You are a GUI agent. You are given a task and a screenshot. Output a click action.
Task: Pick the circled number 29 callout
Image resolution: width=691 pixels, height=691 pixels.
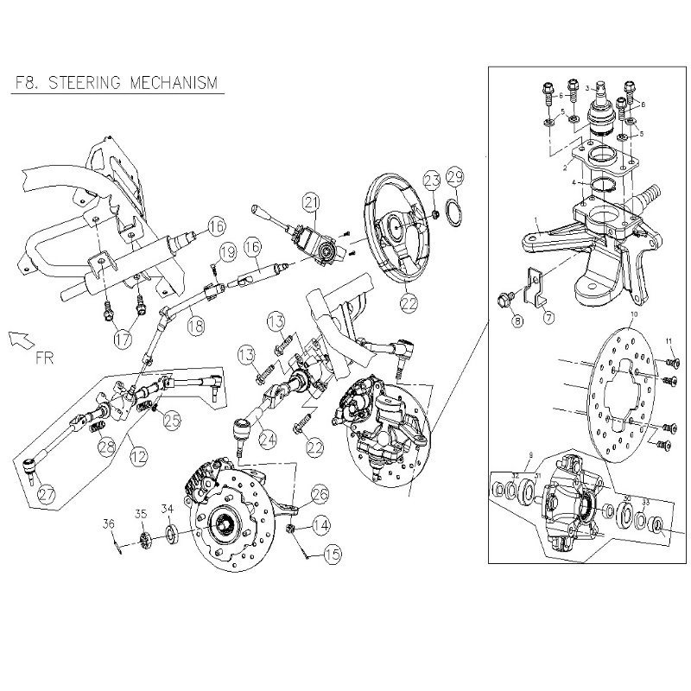coord(456,179)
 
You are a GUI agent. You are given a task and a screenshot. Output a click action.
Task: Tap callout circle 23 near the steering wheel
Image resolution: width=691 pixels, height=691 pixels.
coord(431,181)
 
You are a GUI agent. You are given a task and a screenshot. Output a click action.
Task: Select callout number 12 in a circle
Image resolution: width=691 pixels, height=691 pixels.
coord(138,451)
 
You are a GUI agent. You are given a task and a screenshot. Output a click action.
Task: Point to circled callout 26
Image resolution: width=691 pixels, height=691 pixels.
coord(319,494)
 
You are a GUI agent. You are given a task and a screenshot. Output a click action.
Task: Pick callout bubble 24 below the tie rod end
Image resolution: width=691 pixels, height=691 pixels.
coord(269,439)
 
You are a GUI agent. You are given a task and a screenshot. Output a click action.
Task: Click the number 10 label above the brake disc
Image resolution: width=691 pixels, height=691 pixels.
coord(634,316)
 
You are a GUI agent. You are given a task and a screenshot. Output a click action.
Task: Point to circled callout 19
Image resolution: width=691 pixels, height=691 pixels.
coord(226,252)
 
